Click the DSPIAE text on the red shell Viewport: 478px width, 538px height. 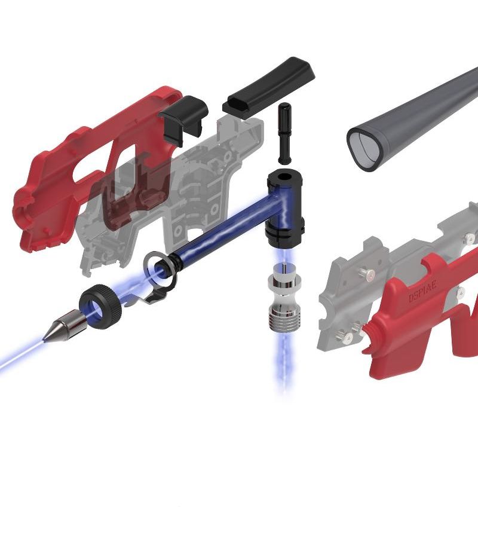click(x=423, y=291)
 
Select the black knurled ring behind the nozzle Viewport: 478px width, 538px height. click(x=100, y=307)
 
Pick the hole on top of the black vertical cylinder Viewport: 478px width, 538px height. click(x=283, y=178)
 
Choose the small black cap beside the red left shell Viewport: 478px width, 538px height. click(x=183, y=120)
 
